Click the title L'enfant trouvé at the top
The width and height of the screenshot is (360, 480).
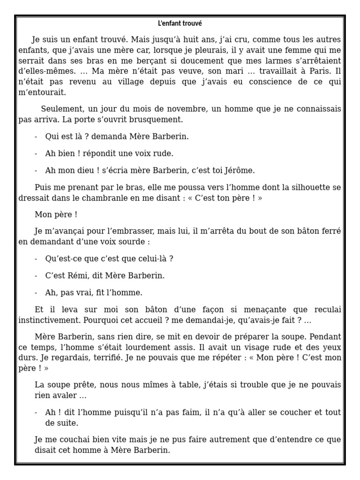coord(180,23)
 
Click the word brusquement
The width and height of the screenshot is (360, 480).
coord(158,119)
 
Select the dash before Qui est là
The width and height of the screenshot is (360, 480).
coord(37,136)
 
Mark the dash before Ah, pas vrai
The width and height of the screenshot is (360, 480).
coord(37,293)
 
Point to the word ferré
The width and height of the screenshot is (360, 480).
coord(330,232)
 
